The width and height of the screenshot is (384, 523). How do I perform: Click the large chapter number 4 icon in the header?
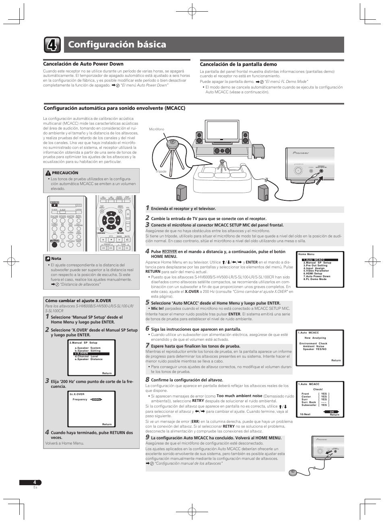52,45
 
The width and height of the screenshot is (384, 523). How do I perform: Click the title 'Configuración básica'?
117,45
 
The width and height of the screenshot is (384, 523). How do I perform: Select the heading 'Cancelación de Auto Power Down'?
83,64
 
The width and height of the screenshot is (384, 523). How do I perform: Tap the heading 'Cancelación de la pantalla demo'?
238,64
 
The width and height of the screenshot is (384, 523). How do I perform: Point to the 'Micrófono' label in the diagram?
157,129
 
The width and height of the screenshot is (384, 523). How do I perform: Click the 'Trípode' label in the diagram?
161,171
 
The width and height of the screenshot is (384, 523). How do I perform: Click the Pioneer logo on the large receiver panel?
300,153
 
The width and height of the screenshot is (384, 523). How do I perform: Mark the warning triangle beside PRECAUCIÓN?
49,173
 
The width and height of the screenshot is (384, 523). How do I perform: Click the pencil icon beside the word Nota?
47,259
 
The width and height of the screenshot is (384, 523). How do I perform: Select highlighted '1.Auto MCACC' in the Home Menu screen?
314,260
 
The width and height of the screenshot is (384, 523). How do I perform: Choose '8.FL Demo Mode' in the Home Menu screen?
315,279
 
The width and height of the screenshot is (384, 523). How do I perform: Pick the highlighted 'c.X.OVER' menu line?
82,354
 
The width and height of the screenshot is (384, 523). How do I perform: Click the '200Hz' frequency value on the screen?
96,399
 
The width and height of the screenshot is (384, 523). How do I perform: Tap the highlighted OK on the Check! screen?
332,412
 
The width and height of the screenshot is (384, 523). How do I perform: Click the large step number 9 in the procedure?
147,437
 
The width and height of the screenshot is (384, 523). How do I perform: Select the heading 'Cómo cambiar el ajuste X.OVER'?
78,301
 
